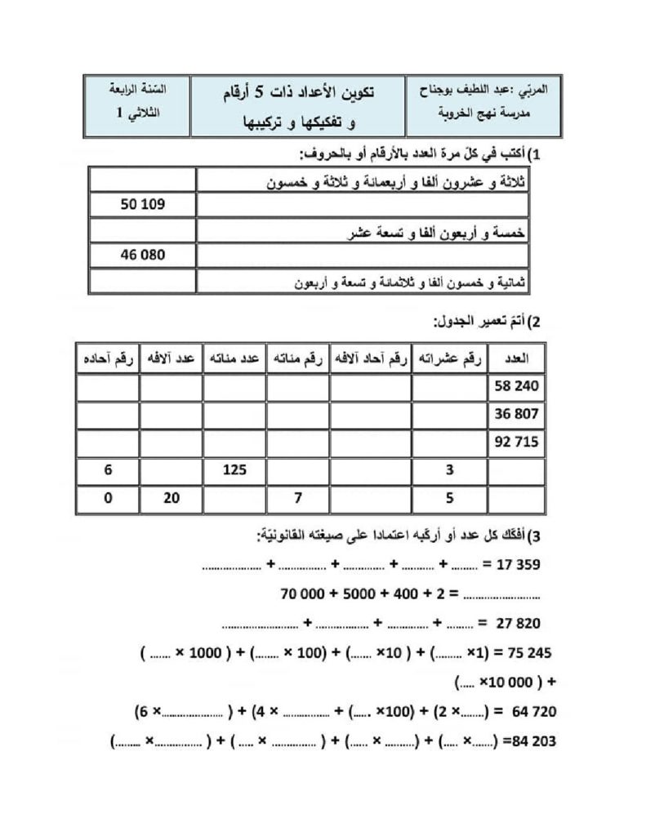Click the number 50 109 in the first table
coord(143,204)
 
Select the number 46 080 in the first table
coord(143,255)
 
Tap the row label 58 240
coord(517,385)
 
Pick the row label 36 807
coord(517,414)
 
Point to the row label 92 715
coord(517,442)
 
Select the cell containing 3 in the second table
coord(450,470)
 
